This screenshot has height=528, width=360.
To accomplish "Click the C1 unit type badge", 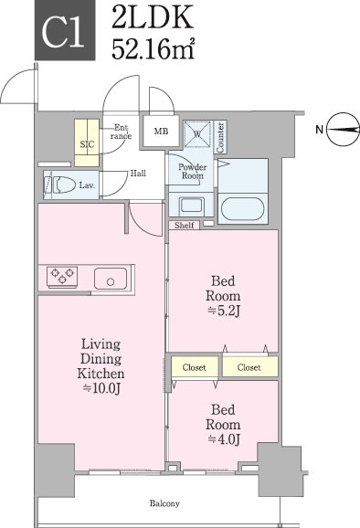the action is (x=65, y=30).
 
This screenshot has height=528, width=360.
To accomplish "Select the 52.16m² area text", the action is (x=154, y=49).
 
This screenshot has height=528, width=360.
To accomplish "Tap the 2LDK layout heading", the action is (x=153, y=16).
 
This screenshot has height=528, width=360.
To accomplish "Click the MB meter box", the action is (x=161, y=131).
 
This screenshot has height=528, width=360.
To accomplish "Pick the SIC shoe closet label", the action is (x=87, y=144).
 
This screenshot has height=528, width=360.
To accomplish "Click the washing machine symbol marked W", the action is (x=197, y=134).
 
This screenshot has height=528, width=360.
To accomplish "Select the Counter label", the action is (x=220, y=137).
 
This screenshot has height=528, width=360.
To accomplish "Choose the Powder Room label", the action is (x=193, y=171).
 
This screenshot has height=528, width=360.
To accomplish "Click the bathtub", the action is (x=242, y=209).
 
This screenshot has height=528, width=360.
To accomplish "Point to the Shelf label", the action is (x=185, y=226).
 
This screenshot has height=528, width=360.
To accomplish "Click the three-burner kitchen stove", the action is (x=62, y=277).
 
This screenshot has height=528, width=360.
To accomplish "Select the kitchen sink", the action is (x=111, y=279).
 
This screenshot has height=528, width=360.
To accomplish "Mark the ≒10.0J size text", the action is (x=101, y=388).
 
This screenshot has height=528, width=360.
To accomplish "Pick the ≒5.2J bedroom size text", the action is (x=224, y=311).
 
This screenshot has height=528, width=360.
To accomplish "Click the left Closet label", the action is (x=194, y=367).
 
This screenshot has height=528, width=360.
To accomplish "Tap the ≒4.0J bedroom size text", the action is (x=224, y=439).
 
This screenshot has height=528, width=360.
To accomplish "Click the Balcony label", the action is (x=164, y=503).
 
